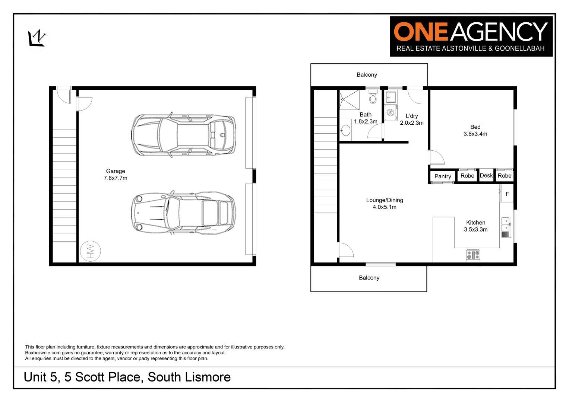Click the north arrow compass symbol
coord(37,38)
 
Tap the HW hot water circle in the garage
coord(90,251)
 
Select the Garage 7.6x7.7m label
coord(116,175)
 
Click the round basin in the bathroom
coord(346,130)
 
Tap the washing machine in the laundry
coord(391,112)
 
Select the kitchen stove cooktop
coord(473,255)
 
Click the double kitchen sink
coord(506,224)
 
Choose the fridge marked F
coord(507,194)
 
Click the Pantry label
coord(443,176)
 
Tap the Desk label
coord(486,176)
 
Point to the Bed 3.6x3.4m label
coord(475,130)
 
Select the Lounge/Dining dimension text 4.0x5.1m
coord(385,207)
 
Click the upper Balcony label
coord(367,75)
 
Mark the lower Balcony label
coord(369,278)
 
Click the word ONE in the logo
coord(420,32)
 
